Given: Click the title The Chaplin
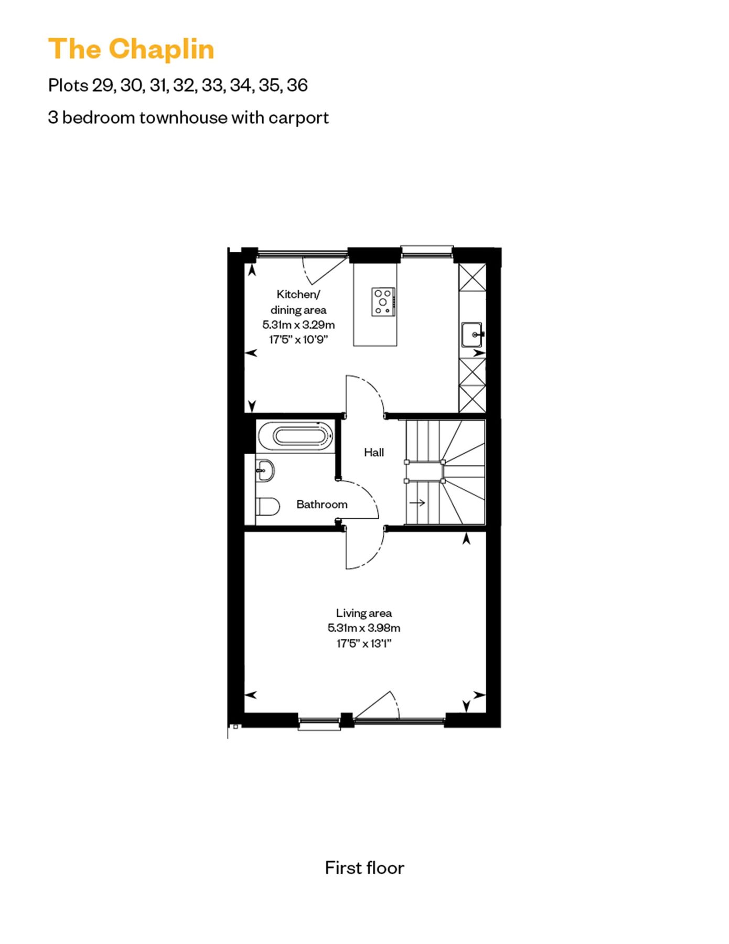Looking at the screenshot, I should pos(131,49).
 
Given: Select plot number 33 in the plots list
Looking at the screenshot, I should pos(212,85).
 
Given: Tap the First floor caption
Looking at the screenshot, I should pos(364,867).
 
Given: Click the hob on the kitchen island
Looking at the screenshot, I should pos(383,302).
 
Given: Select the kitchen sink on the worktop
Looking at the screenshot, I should pos(471,335).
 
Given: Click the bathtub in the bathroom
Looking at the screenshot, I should pos(295,436).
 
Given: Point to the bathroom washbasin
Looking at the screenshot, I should pos(265,470).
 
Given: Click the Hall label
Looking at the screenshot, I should pos(374,452).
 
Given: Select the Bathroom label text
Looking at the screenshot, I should pos(321,505).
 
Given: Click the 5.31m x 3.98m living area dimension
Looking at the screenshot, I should pos(364,628).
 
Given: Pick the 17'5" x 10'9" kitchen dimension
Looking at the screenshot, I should pos(298,339).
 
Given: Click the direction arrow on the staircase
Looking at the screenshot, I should pos(417,503).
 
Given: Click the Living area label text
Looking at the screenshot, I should pos(364,613).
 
